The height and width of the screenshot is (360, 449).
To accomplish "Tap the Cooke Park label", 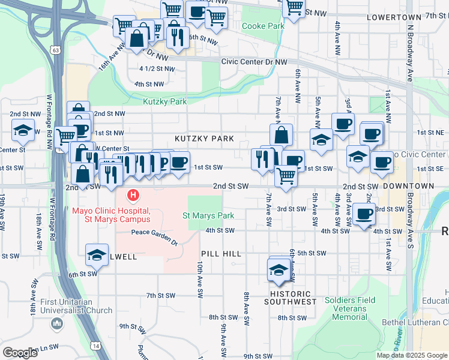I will [x=262, y=26].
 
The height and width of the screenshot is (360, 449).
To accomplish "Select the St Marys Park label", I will [x=208, y=215].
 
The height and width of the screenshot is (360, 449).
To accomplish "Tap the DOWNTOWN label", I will [x=408, y=187].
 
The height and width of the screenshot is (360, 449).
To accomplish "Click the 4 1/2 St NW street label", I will [x=157, y=69].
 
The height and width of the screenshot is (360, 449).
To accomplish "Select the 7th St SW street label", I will [x=160, y=296].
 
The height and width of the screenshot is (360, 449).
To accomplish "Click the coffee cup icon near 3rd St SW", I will [x=364, y=214].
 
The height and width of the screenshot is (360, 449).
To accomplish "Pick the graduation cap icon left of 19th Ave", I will [x=23, y=130].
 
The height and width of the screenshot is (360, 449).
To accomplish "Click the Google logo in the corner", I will [x=19, y=352].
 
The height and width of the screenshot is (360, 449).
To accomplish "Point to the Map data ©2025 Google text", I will [x=412, y=355].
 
